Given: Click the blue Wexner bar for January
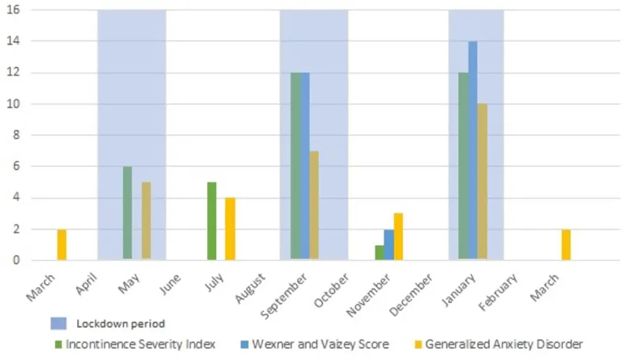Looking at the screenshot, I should click(472, 150).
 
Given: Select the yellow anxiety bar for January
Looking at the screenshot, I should click(481, 182).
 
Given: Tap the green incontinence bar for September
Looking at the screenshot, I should click(295, 166).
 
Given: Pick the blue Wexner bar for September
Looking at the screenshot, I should click(304, 166).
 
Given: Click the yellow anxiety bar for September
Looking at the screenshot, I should click(314, 205).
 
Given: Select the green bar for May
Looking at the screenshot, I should click(127, 213).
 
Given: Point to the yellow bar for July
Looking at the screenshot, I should click(230, 228).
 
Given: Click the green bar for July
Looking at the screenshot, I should click(212, 221).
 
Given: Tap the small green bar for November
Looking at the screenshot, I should click(379, 252).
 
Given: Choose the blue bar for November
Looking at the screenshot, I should click(389, 244).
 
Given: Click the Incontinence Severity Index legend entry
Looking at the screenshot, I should click(136, 344).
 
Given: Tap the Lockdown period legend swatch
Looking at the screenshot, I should click(59, 324).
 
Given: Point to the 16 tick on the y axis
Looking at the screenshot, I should click(13, 10).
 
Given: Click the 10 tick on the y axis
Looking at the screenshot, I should click(13, 104).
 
